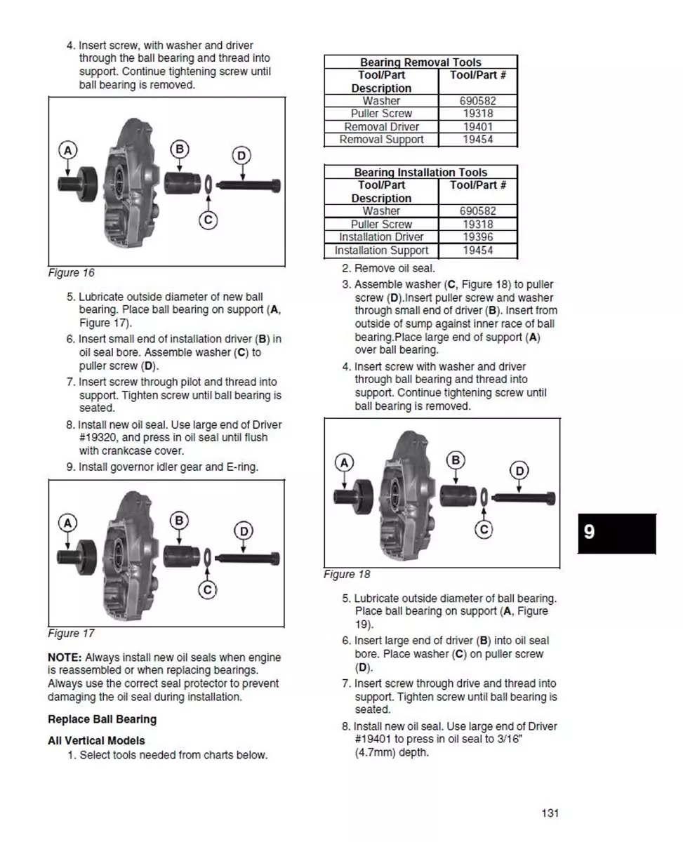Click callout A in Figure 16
(x=67, y=150)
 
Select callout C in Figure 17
(x=208, y=590)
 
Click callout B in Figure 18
(x=456, y=460)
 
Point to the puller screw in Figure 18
(x=523, y=498)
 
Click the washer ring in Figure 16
(x=208, y=185)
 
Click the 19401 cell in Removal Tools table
(x=478, y=127)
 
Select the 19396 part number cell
(x=478, y=237)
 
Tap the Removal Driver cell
(x=381, y=127)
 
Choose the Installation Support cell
(x=381, y=250)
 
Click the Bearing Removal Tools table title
(x=420, y=62)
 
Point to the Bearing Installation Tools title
(x=420, y=173)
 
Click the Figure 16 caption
(x=71, y=273)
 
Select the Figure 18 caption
(x=347, y=575)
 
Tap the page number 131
(x=550, y=813)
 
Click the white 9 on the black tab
(x=590, y=532)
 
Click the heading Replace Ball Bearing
(x=102, y=719)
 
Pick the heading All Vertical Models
(x=96, y=741)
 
